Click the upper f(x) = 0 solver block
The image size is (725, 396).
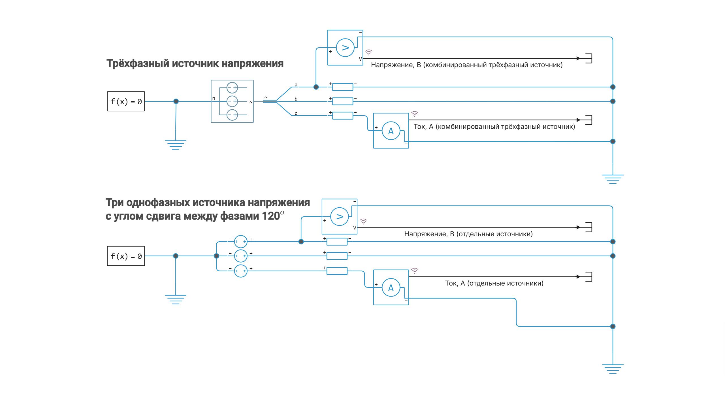pos(126,101)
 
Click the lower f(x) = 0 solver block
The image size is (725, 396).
pos(126,256)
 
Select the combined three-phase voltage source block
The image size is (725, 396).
pos(232,101)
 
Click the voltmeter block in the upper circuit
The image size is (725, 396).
pos(345,48)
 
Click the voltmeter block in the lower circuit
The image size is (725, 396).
pos(339,217)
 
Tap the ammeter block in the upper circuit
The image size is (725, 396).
pos(391,131)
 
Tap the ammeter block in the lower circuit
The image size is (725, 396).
pos(391,288)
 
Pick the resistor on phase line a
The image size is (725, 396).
pos(342,87)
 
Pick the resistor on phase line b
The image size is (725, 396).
pos(342,101)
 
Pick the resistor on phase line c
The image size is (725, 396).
pos(342,116)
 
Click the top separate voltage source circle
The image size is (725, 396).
pos(241,242)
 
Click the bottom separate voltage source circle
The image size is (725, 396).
pos(241,271)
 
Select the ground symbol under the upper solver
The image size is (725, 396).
pos(176,145)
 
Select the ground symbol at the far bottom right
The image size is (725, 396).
pos(613,369)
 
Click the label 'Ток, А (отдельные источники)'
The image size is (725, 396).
pos(494,283)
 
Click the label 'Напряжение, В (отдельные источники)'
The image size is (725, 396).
pos(468,234)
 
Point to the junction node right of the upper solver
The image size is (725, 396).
pos(176,101)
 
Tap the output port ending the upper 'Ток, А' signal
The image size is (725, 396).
pos(588,120)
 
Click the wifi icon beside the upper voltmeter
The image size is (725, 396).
pos(368,52)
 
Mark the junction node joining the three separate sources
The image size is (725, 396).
pos(216,256)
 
